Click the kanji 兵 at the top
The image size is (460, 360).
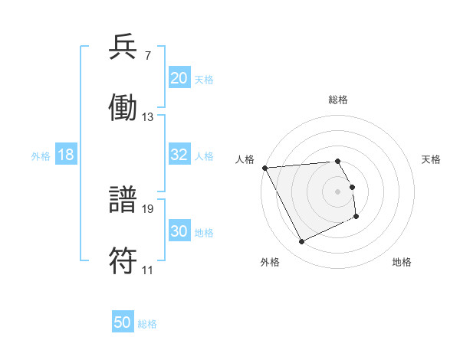[123, 47]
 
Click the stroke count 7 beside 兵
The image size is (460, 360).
[148, 55]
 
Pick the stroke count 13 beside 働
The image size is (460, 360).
[148, 117]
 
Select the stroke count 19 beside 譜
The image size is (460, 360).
[148, 208]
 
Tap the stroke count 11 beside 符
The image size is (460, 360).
[147, 270]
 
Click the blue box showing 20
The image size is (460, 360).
[179, 78]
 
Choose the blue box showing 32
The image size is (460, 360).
[179, 155]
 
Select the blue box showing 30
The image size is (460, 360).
[179, 231]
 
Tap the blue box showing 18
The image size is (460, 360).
[66, 155]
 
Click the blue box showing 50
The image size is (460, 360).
[123, 323]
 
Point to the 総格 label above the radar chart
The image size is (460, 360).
[338, 100]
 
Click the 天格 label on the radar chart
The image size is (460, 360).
[432, 159]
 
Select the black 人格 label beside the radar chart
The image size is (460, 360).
[245, 159]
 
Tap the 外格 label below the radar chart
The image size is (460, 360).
[269, 263]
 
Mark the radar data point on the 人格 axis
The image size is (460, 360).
[264, 168]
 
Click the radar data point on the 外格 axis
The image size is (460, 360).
[301, 242]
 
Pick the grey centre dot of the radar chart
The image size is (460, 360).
[338, 191]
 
